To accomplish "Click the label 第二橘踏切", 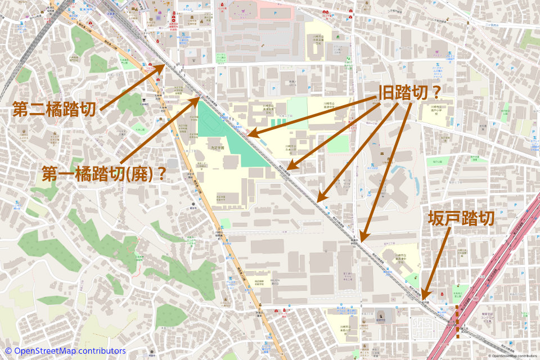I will coord(54,109).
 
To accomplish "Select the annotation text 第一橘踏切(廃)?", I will coord(104,174).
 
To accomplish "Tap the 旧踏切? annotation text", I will coord(409,92).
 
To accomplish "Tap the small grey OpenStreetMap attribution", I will coord(512,356).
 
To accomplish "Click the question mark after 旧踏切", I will coord(434,92).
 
